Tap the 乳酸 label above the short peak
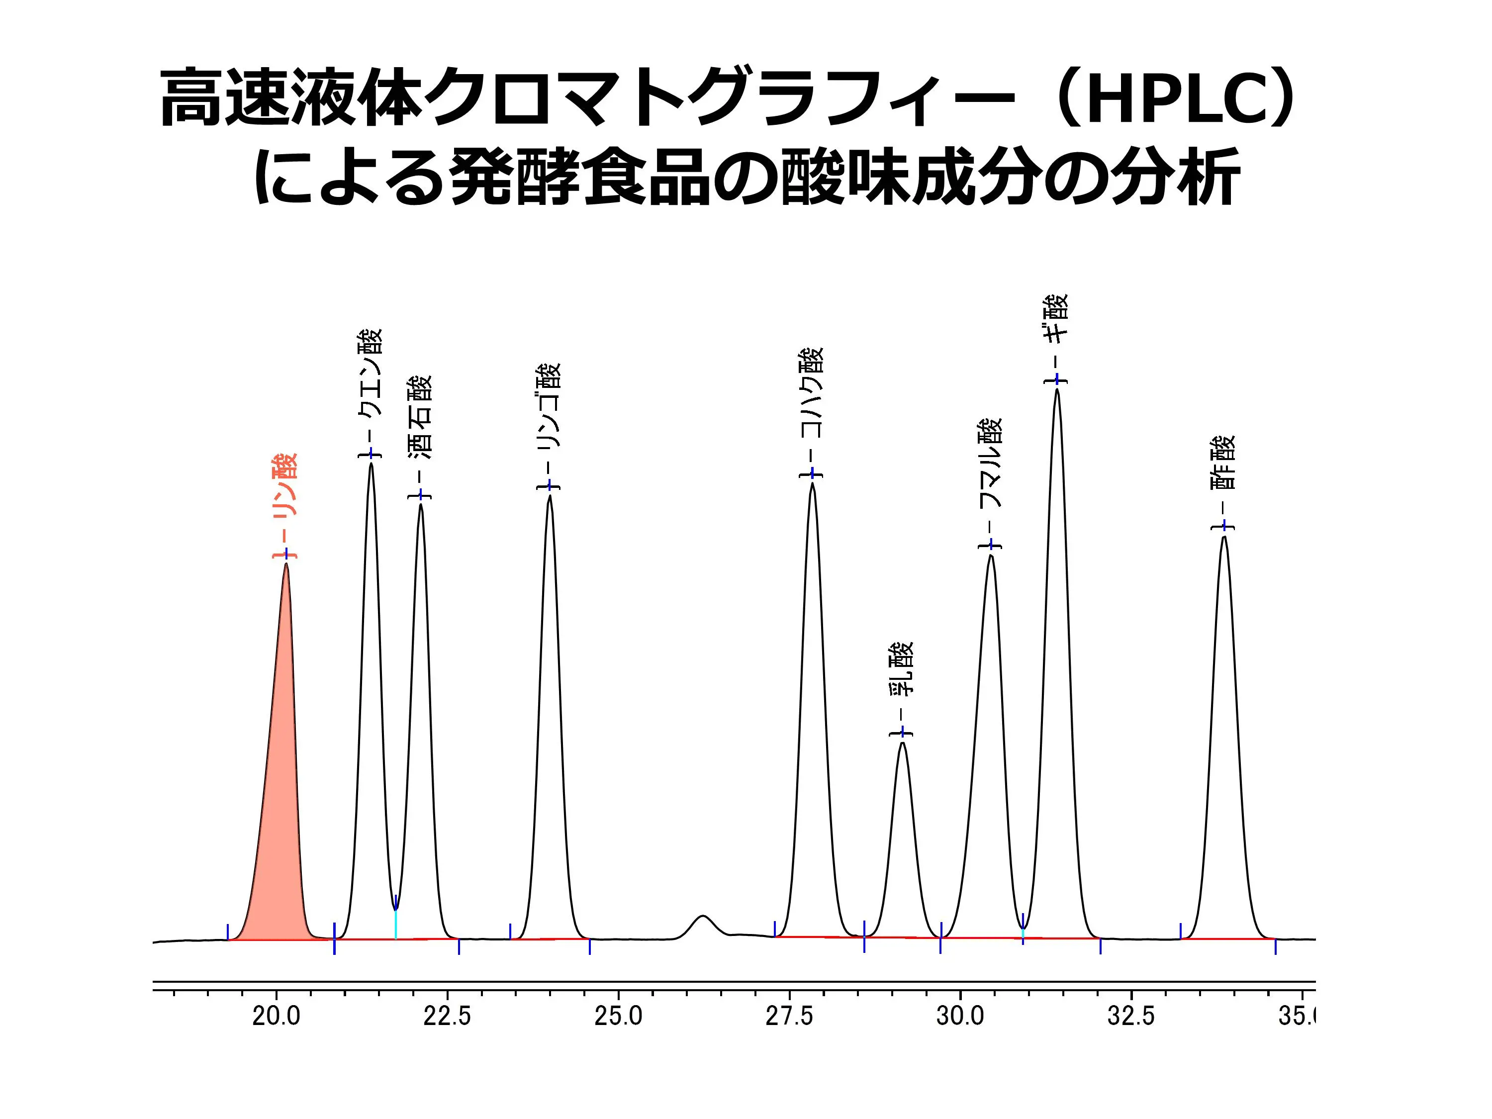(x=902, y=668)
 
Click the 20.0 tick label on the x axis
(x=276, y=1016)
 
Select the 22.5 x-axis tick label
(x=447, y=1016)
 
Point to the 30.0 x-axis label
(x=960, y=1016)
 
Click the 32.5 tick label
(x=1130, y=1016)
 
